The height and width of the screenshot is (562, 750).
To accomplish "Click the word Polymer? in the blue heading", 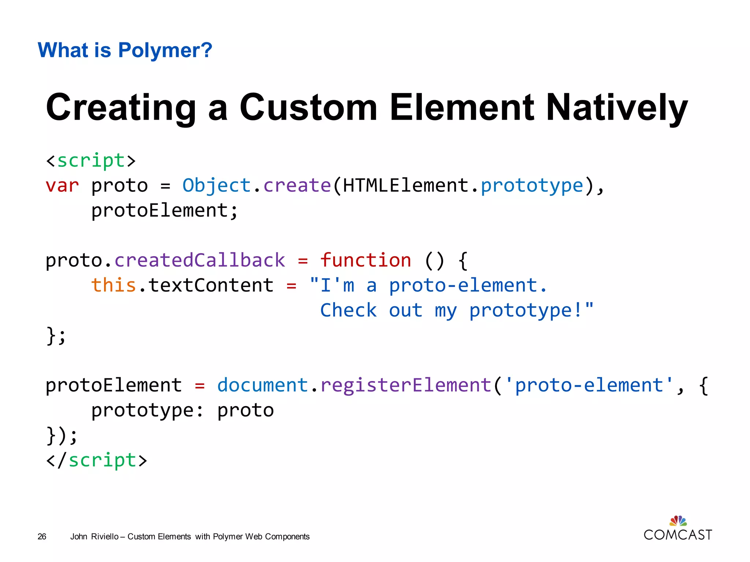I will point(165,50).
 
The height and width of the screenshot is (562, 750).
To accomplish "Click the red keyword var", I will point(62,186).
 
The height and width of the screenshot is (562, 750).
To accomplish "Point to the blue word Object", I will point(216,186).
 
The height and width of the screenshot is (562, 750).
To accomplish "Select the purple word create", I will point(297,186).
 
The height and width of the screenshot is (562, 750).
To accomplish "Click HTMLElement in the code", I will point(406,186).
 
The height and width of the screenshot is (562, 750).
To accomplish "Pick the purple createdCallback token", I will point(200,260).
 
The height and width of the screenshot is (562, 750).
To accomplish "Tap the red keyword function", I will point(365,260).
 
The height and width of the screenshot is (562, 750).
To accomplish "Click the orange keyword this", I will point(114,285).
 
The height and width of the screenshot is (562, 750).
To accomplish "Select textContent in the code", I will point(211,285).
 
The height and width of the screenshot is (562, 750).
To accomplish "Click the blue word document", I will point(263,385).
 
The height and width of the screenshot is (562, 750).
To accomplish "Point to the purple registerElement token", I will point(406,385).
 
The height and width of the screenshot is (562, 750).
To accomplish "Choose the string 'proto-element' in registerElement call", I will point(589,385).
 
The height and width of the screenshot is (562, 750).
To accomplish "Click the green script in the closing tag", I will point(103,460).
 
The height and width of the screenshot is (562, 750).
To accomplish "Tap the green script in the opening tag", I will point(91,161).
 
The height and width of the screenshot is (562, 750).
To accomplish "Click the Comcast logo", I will point(678,529).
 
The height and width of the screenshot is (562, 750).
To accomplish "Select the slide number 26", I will point(42,537).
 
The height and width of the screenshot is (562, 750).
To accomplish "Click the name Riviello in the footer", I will point(105,537).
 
